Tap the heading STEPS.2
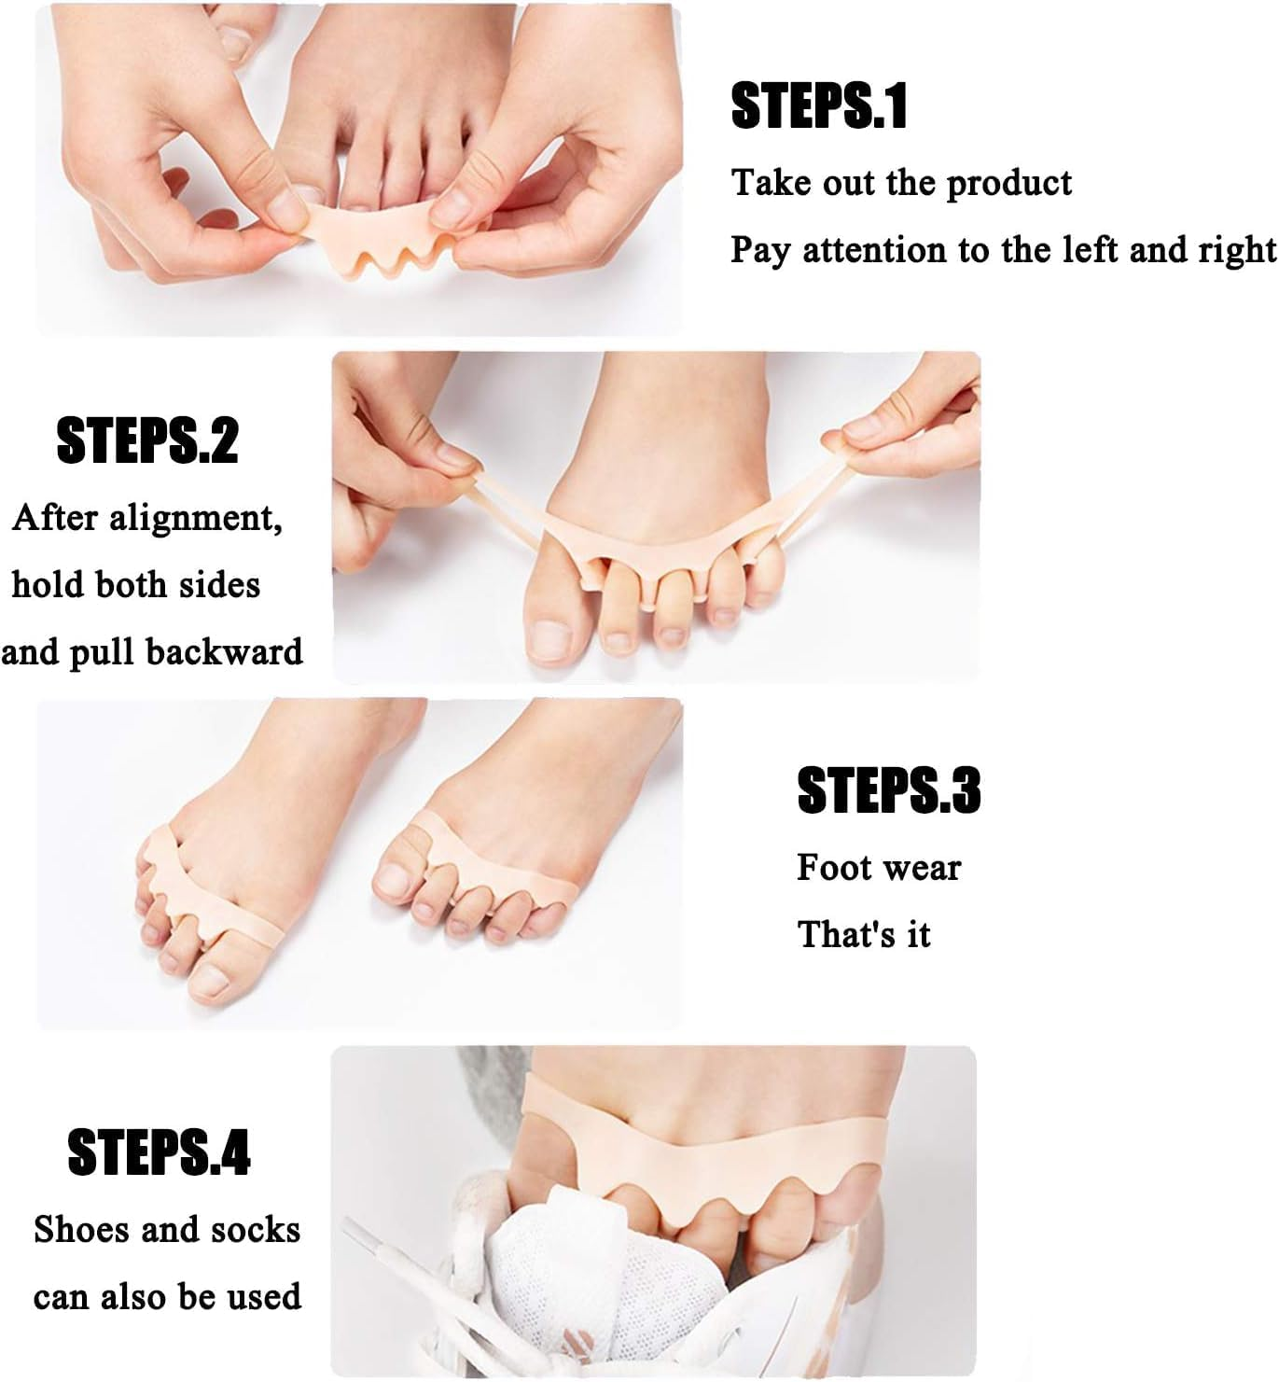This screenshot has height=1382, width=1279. tap(147, 440)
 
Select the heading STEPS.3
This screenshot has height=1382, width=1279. tap(888, 790)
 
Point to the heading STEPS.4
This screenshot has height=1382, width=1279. tap(159, 1152)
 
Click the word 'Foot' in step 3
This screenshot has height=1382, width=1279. tap(833, 868)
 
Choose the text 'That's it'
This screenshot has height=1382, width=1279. tap(864, 934)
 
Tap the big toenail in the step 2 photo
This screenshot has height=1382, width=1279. tap(549, 640)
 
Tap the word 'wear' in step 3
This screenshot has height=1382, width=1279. tap(925, 868)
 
